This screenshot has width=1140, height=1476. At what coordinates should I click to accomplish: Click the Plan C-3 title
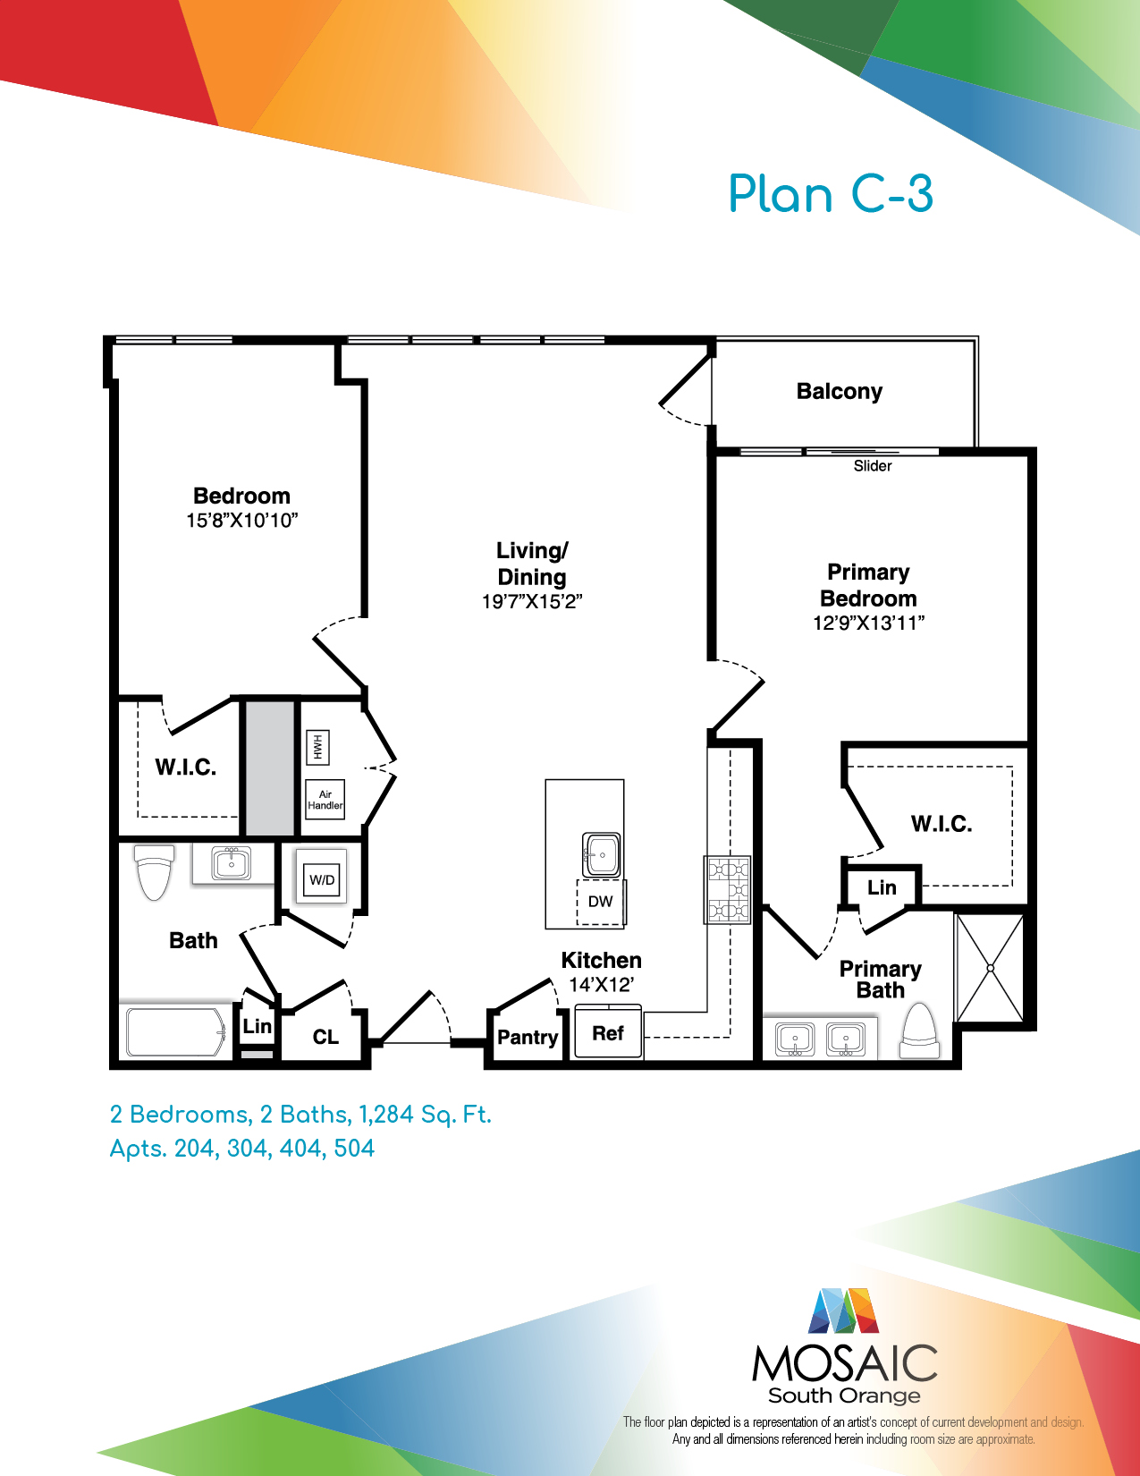(831, 194)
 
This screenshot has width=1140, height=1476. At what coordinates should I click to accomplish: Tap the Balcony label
(840, 392)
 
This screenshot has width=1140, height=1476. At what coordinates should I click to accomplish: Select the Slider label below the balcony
(873, 466)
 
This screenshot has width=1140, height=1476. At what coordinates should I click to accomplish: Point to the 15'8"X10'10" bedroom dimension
(242, 521)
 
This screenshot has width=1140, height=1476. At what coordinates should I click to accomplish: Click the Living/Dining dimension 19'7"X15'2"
(532, 602)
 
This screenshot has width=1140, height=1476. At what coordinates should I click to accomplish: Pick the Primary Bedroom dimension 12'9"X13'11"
(869, 623)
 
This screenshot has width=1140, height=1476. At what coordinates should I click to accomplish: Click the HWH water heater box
(317, 747)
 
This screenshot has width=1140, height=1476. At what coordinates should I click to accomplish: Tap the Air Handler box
(325, 800)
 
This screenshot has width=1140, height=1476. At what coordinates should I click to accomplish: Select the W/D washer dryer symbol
(322, 880)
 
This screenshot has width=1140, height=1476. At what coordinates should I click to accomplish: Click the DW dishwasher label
(600, 902)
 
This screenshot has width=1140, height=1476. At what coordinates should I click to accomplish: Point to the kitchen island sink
(602, 854)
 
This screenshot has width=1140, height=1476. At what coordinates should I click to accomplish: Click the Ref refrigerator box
(608, 1032)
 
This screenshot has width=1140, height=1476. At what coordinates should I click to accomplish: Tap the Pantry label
(528, 1037)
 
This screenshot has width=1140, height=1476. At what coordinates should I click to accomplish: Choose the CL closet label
(325, 1037)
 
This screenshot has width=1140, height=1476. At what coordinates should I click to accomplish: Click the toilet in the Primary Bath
(919, 1031)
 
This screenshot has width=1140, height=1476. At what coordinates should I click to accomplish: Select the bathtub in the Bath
(176, 1031)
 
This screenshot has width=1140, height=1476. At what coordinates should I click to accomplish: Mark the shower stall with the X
(990, 968)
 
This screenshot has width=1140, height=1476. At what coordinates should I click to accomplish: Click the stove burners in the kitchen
(727, 890)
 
